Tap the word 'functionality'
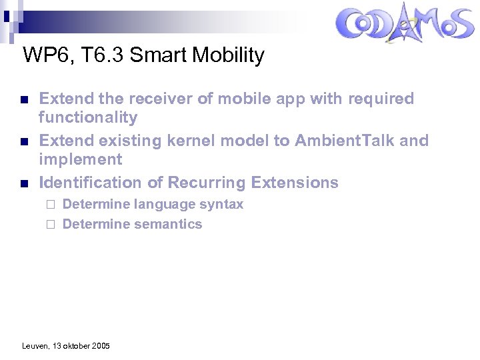pyautogui.click(x=88, y=118)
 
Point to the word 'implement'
pyautogui.click(x=81, y=160)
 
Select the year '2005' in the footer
pyautogui.click(x=100, y=346)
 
